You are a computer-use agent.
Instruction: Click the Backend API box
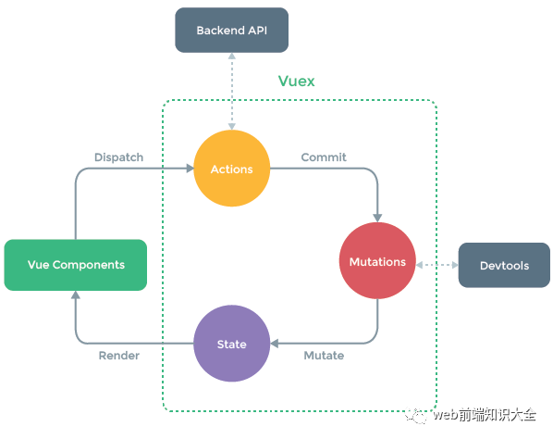click(231, 31)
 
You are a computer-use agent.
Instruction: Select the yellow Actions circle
click(231, 169)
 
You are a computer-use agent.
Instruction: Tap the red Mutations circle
click(377, 262)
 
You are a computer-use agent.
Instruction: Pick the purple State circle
click(231, 344)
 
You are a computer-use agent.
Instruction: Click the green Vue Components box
click(76, 265)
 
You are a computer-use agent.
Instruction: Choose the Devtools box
click(504, 266)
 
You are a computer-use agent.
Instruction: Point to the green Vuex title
click(296, 82)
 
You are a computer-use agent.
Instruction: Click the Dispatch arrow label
click(118, 157)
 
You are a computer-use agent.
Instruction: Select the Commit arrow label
click(324, 157)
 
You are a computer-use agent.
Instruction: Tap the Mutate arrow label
click(324, 356)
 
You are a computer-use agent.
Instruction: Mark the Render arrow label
click(118, 356)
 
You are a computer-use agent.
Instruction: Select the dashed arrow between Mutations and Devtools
click(437, 265)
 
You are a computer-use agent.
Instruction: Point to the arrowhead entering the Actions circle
click(189, 169)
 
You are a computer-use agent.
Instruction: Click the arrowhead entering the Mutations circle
click(377, 217)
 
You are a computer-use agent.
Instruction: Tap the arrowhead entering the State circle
click(276, 344)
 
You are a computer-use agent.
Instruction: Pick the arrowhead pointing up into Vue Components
click(76, 296)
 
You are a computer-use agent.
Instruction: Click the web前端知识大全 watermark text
click(485, 416)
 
